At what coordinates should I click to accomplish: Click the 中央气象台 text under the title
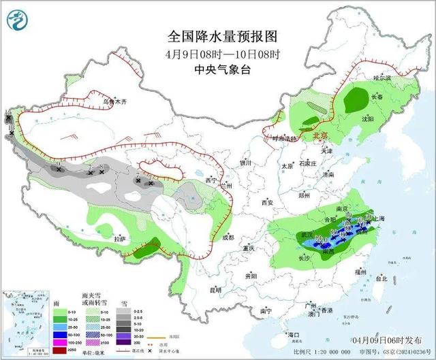point(217,68)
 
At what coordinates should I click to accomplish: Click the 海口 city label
point(294,335)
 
